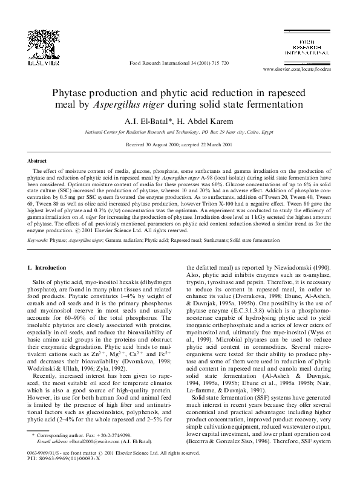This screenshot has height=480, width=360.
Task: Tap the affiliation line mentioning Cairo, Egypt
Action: [x=180, y=131]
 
